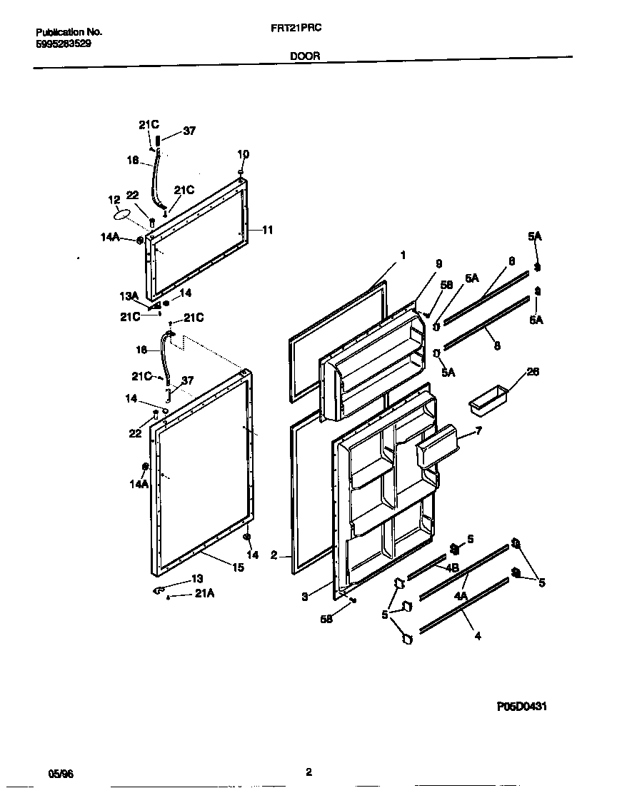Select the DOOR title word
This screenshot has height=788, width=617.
(305, 55)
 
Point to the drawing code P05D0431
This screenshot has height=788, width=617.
(522, 707)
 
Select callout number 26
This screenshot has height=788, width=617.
(532, 372)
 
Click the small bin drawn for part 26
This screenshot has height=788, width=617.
(487, 401)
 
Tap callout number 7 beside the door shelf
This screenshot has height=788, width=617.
(478, 431)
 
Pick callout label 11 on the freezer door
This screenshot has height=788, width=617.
(267, 230)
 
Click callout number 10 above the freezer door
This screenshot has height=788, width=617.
(243, 154)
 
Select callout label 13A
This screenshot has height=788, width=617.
(129, 296)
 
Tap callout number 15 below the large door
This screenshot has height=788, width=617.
(238, 567)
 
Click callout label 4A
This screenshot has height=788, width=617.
(461, 595)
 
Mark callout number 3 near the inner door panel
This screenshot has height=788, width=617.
(305, 597)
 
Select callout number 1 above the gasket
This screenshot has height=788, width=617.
(403, 255)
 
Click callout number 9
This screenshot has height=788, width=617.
(438, 263)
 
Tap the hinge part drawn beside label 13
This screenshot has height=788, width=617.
(159, 589)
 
